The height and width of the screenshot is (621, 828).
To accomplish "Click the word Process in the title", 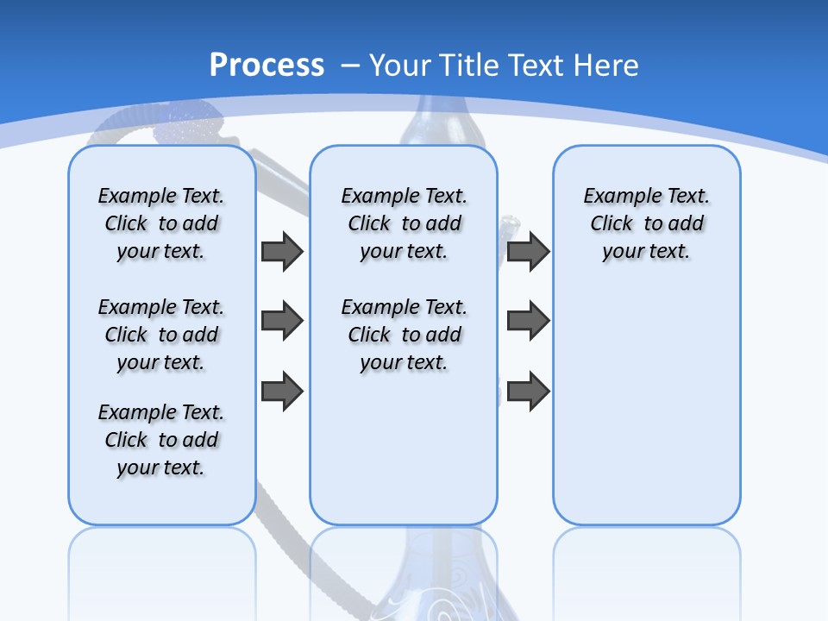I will pos(267,66).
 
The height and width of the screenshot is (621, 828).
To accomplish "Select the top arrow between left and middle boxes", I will pos(282,251).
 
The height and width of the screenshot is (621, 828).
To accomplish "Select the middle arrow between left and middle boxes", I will pos(282,321).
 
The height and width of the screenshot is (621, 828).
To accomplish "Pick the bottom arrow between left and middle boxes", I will pos(282,391).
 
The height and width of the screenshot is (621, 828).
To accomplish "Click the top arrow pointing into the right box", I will pos(528,251).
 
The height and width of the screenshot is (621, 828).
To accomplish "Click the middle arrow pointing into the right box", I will pos(528,321).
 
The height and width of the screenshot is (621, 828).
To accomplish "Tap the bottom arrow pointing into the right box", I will pos(528,391).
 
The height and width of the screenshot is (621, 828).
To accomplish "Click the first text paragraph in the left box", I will pos(161,223).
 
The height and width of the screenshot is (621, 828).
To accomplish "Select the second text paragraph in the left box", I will pos(161,335).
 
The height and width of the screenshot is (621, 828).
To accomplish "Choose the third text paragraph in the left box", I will pos(161,440).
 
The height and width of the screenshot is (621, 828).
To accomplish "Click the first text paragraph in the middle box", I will pos(404,223).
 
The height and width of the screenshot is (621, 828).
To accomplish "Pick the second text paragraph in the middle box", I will pos(404,335).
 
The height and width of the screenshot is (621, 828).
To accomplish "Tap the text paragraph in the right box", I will pos(646,223).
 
